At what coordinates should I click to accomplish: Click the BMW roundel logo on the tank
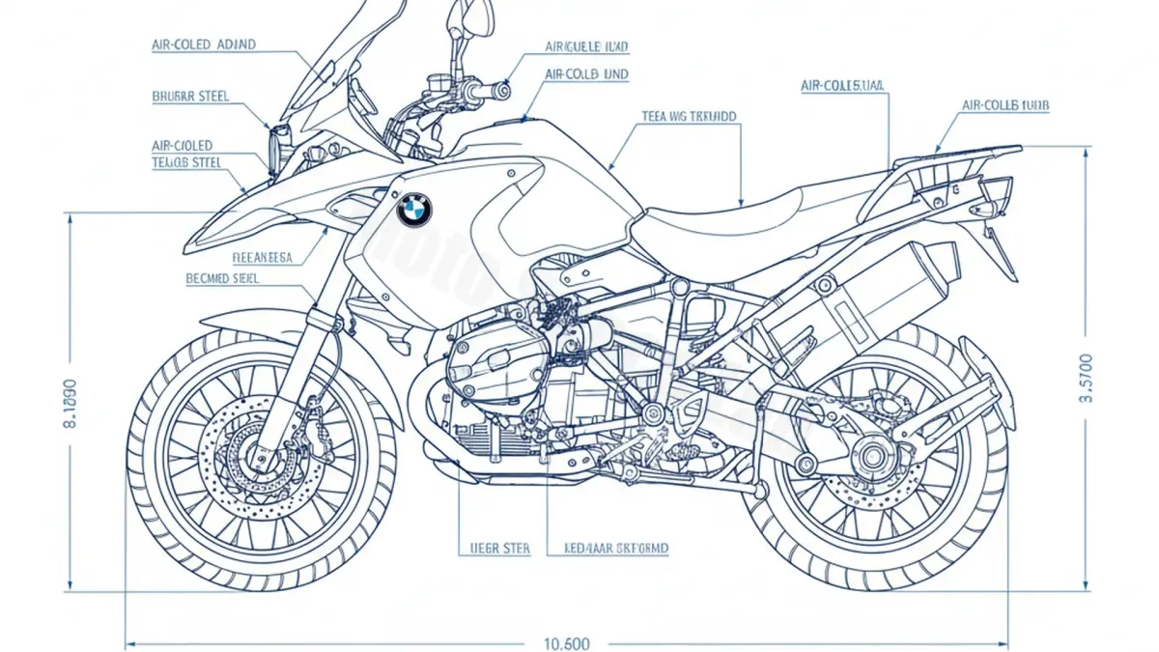[414, 209]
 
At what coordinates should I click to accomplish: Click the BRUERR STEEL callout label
[190, 97]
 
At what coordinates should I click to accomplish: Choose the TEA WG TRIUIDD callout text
[689, 116]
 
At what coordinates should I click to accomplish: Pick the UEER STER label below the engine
[494, 549]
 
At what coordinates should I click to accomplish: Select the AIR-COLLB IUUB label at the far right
[1005, 104]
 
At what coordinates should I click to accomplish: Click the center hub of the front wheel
[259, 453]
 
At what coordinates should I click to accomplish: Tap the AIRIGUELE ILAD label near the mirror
[586, 45]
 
